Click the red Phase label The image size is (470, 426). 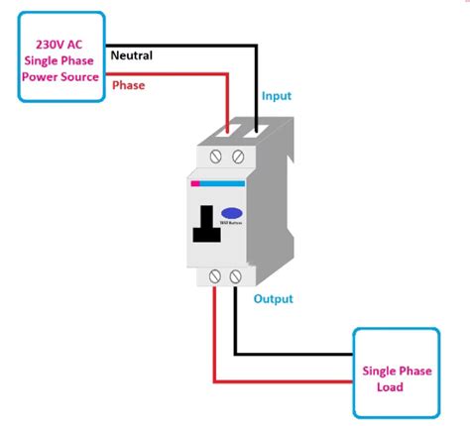[128, 85]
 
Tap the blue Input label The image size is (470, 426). [277, 96]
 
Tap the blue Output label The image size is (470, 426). [273, 298]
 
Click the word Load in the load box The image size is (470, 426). [391, 386]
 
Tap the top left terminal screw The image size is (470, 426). [217, 157]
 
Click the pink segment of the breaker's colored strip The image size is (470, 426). [195, 183]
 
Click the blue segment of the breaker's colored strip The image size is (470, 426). [224, 183]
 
